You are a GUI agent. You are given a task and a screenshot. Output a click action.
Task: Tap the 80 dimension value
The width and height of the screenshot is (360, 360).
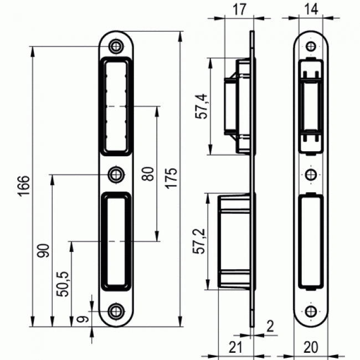pos(147,174)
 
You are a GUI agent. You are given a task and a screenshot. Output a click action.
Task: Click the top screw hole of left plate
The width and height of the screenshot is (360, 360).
pos(116,45)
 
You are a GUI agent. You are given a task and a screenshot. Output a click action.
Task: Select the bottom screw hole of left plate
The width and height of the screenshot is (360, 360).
pos(116,310)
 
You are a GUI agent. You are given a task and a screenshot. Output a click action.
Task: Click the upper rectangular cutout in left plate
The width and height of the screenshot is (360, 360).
pos(116,105)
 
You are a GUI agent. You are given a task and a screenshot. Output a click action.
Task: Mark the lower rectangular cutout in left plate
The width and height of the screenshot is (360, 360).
pos(116,241)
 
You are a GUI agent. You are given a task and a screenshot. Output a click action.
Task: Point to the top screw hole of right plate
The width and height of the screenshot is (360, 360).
pos(312,45)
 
